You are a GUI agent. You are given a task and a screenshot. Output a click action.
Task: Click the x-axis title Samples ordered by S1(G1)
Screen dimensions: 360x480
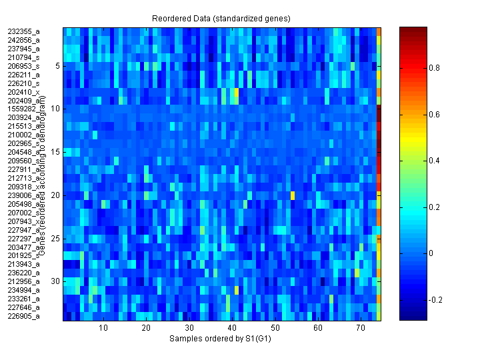220,339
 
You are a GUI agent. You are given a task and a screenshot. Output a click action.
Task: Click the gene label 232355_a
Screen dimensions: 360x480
23,31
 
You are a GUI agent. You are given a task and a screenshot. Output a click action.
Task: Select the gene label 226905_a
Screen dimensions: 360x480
23,317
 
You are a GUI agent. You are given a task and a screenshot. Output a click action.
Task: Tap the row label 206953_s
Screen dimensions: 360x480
23,66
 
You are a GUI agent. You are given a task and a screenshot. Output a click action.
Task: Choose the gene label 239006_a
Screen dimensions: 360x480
23,195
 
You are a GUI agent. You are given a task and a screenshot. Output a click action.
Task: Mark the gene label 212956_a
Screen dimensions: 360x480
23,282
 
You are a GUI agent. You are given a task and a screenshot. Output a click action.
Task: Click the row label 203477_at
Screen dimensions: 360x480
23,247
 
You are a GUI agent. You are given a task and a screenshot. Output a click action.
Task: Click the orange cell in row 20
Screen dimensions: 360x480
292,195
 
